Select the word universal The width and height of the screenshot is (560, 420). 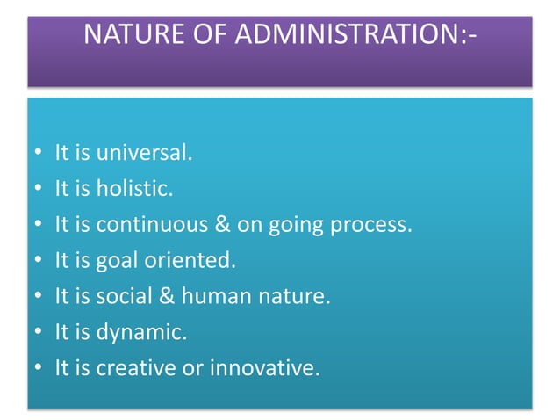[144, 153]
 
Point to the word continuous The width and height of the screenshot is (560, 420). [142, 225]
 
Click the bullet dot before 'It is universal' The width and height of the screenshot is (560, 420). [36, 155]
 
